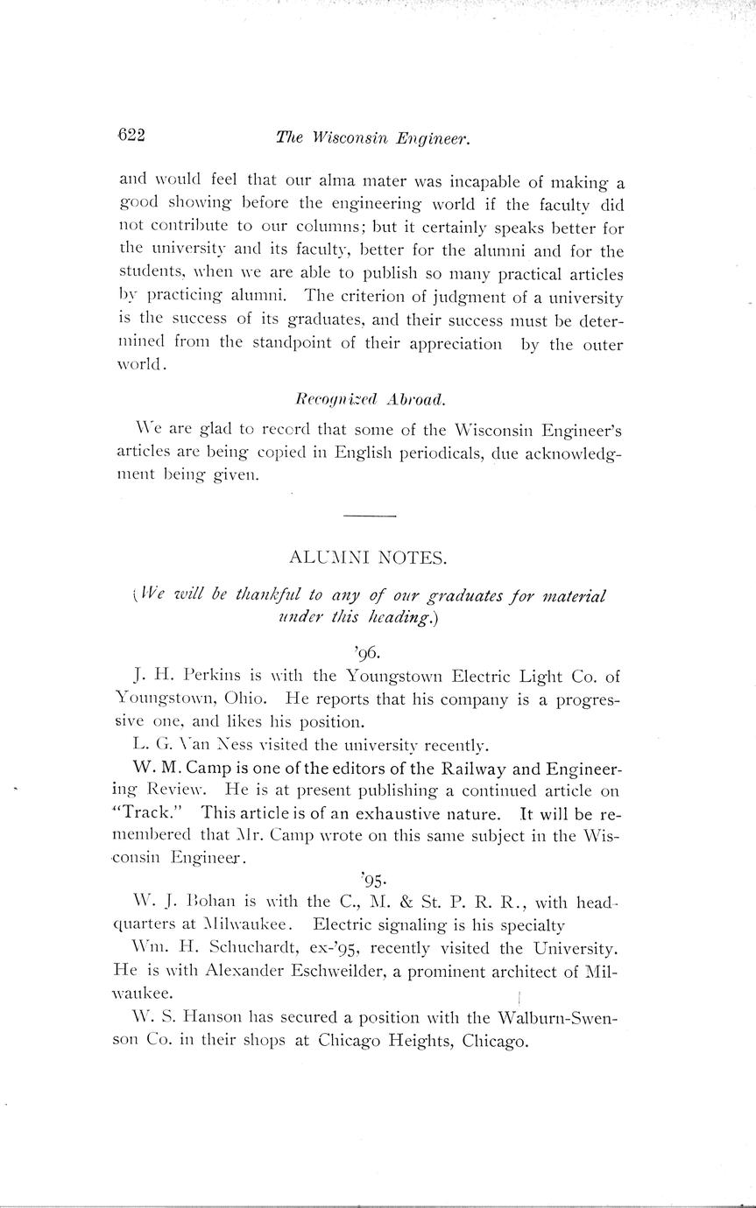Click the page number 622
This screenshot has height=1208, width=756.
(x=131, y=135)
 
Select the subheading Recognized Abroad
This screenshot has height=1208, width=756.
(x=371, y=399)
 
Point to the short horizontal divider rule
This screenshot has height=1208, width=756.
(x=370, y=517)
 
